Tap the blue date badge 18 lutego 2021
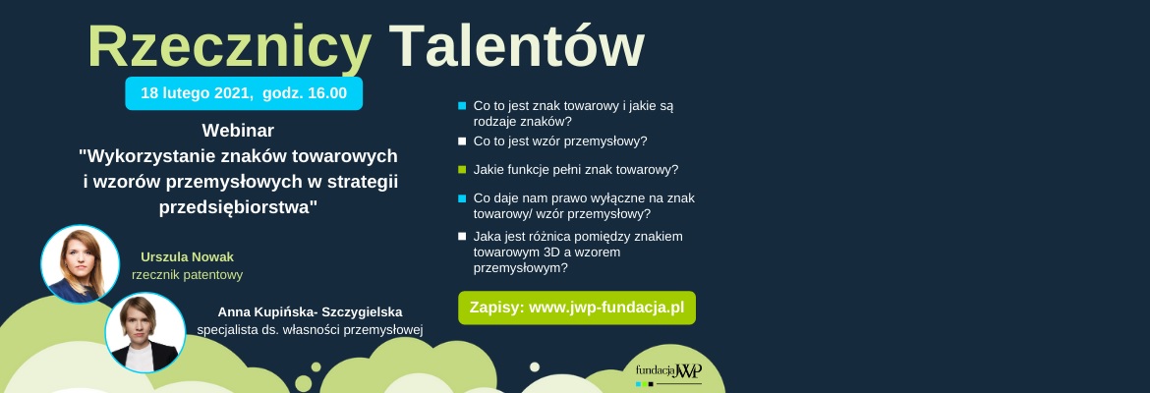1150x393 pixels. (x=244, y=93)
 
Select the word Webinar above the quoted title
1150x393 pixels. (x=238, y=131)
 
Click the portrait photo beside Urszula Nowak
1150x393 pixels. (x=80, y=264)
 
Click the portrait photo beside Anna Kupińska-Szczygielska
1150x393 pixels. (x=145, y=332)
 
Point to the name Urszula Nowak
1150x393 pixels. (x=187, y=256)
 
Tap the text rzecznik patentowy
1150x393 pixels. (x=187, y=275)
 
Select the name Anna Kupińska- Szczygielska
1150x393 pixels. (x=310, y=311)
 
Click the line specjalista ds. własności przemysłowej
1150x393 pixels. (x=310, y=330)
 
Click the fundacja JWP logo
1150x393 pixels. (x=668, y=372)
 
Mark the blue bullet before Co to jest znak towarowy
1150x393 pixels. (x=462, y=105)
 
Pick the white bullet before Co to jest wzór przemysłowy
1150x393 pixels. (x=462, y=140)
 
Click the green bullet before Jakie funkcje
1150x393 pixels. (x=462, y=169)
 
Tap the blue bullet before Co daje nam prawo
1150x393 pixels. (x=462, y=197)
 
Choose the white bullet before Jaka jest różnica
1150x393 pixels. (x=462, y=236)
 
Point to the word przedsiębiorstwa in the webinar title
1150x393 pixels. (x=238, y=207)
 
